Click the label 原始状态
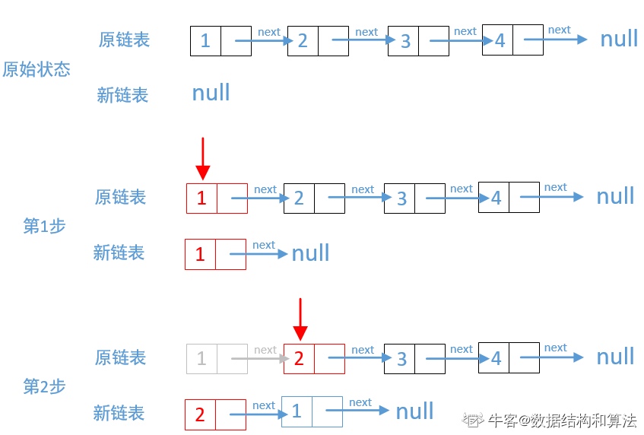point(36,70)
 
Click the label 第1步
point(44,226)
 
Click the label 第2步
point(44,386)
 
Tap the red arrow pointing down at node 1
point(202,158)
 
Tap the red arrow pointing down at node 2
point(300,319)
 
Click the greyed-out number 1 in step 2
point(201,358)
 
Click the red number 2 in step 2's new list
point(200,414)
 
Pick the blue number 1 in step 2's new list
point(297,411)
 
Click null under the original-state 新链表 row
point(211,93)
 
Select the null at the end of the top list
point(619,39)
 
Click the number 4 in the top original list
point(500,40)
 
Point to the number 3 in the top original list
point(405,41)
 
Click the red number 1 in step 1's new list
point(200,254)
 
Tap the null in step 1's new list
point(310,253)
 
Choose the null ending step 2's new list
point(414,411)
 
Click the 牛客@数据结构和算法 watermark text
point(562,420)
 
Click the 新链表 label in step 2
point(119,413)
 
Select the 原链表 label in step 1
point(120,197)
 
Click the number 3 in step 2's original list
point(401,359)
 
